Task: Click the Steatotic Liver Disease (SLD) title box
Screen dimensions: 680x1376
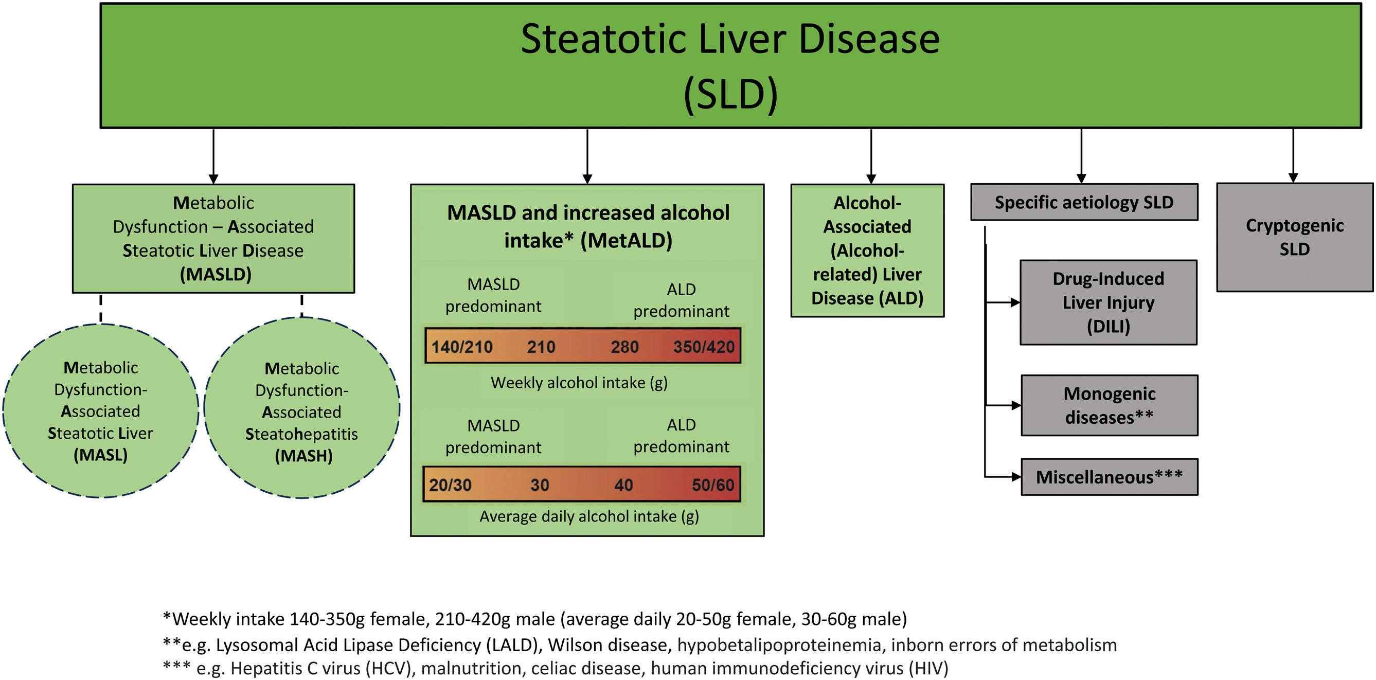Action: pos(731,66)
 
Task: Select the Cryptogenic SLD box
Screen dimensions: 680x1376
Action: pos(1294,237)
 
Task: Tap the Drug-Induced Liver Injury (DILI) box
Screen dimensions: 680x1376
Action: pos(1109,302)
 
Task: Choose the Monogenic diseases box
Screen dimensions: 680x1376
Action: pos(1110,405)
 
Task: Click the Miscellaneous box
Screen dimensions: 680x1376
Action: pos(1110,476)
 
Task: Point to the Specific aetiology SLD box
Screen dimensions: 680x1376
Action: pos(1084,203)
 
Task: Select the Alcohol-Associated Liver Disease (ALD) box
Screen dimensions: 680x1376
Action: pos(867,250)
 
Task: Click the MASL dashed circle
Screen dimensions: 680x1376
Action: pos(100,411)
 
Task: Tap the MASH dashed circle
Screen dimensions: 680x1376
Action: pos(302,408)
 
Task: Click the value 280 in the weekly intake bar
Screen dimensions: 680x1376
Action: pos(624,347)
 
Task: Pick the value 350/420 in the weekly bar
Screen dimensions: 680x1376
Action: pos(704,347)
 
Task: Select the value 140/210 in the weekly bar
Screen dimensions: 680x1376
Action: pos(462,347)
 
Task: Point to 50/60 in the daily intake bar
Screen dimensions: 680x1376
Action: pos(712,485)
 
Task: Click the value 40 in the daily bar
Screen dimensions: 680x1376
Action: pos(623,485)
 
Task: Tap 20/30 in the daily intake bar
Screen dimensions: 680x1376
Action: pos(450,485)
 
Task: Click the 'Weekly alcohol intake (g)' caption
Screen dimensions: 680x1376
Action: pos(579,383)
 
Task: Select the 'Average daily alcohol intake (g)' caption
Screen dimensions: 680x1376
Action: pos(588,516)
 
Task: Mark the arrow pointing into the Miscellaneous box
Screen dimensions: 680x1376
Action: pos(1004,476)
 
